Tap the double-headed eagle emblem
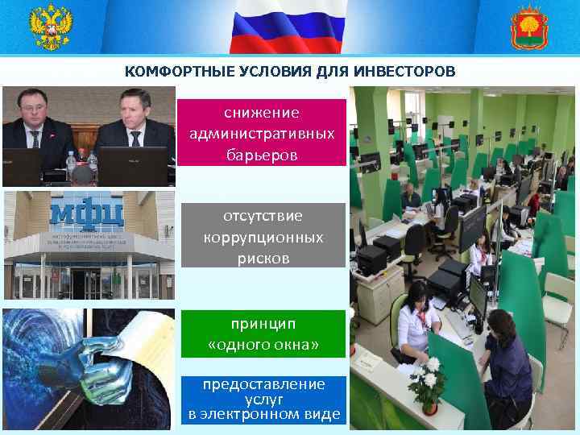(51, 27)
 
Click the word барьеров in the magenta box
(261, 154)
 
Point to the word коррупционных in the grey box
(263, 238)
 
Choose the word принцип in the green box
(263, 324)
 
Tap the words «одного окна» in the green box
(263, 346)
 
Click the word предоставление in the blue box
(263, 384)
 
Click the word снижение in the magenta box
(261, 112)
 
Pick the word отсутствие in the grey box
(263, 217)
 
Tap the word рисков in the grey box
(263, 259)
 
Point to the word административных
(261, 133)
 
